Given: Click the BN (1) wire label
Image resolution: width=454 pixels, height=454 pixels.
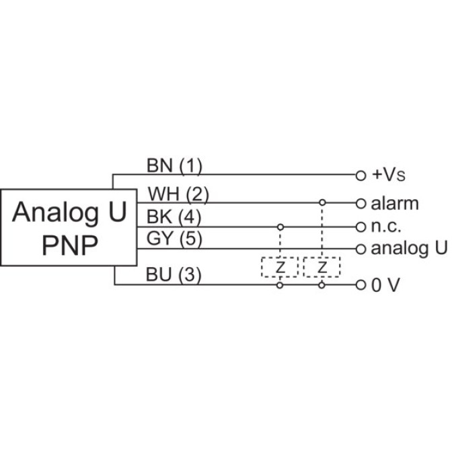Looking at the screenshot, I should pos(174,165).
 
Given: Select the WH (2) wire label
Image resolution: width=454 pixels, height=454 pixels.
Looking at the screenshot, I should pos(178,195).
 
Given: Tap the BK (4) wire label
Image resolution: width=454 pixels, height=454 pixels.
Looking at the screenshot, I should pos(174,218).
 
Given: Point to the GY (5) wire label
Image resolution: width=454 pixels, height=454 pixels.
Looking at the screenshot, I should pos(174,239).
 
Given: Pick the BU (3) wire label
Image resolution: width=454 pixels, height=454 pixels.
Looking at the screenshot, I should pos(174,276).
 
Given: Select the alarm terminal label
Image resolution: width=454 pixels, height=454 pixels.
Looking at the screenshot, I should pos(395,203).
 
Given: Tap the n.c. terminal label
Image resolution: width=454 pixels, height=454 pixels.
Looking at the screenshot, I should pos(386,226).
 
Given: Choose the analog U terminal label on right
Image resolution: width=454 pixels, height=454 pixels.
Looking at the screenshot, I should pos(410,248).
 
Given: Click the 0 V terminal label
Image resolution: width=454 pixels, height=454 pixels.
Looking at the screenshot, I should pos(385,285).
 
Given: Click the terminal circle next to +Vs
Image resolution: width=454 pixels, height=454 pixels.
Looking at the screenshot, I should pos(360,175).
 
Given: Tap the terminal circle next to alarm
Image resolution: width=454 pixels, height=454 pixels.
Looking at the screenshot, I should pos(360,203).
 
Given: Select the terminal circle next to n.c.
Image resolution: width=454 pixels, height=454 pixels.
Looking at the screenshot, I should pos(360,226).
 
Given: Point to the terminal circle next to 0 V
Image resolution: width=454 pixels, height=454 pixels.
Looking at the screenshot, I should pos(360,285).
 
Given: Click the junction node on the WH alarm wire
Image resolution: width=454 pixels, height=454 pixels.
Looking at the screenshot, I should pos(322,203).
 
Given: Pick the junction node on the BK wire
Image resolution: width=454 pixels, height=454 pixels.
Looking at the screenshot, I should pos(279,226).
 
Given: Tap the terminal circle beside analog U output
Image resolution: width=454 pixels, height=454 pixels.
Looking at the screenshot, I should pos(360,249).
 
